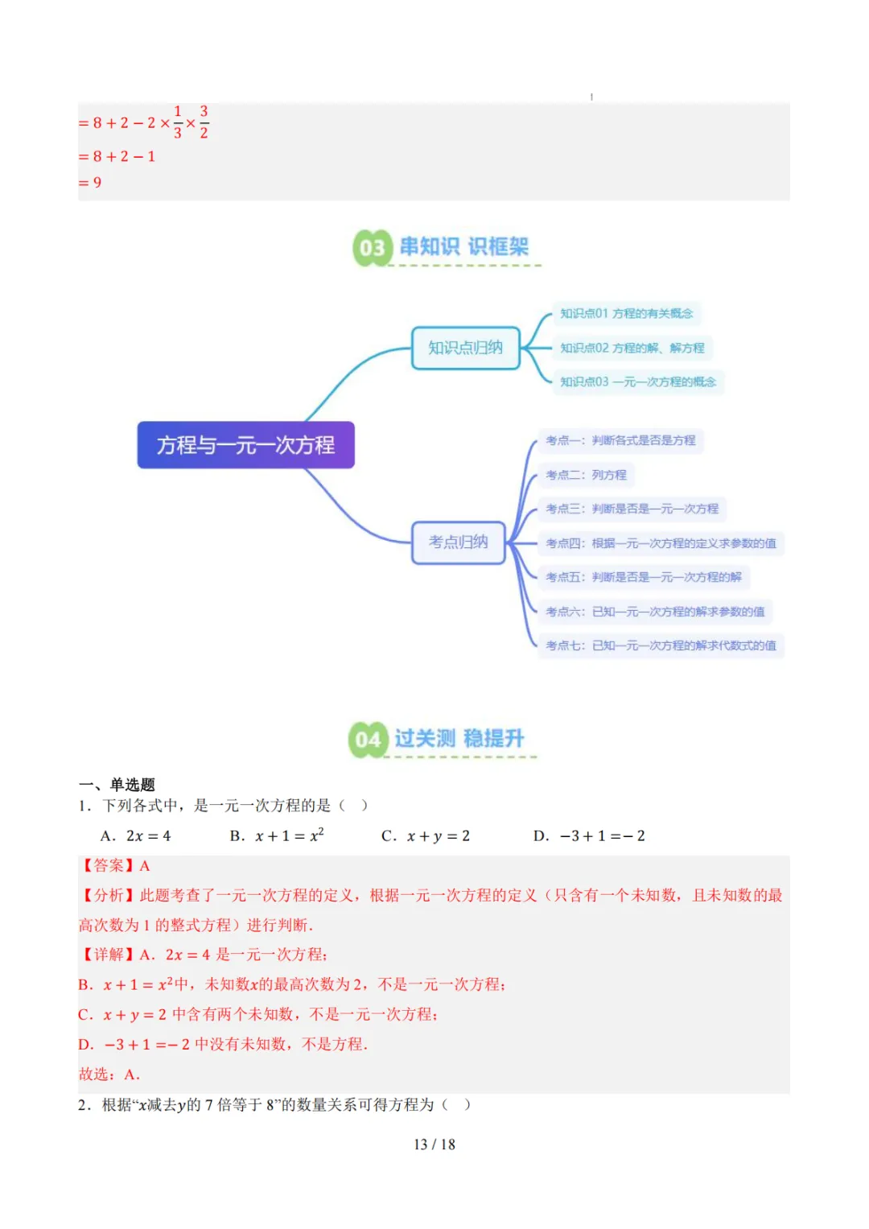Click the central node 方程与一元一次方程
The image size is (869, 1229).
click(x=245, y=445)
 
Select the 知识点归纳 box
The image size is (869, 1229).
click(x=465, y=348)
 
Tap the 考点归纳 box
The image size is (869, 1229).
click(x=458, y=542)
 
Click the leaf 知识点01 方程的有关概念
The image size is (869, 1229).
click(x=626, y=314)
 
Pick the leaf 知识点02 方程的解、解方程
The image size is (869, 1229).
click(x=632, y=348)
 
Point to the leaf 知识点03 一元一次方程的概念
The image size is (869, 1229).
click(x=637, y=382)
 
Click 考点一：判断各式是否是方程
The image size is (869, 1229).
click(x=620, y=441)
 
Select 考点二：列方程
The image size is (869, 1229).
click(x=586, y=475)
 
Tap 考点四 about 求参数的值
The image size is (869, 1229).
click(x=661, y=543)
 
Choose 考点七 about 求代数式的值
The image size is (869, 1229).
click(x=661, y=645)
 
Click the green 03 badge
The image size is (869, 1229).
click(x=372, y=248)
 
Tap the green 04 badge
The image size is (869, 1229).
click(x=368, y=740)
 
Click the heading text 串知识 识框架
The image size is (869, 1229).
click(x=464, y=247)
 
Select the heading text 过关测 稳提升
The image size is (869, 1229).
click(x=459, y=739)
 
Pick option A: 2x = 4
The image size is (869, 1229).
click(x=136, y=836)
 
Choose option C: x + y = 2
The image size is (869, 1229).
click(x=426, y=836)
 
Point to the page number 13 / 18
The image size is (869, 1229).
click(x=434, y=1144)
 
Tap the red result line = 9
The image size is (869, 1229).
click(x=90, y=183)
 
